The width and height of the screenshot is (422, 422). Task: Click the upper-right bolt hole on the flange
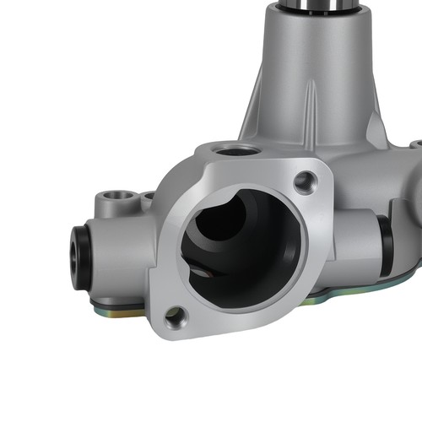point(305,180)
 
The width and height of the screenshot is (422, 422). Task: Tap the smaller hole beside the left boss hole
point(146,197)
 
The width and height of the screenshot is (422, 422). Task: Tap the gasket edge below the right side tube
point(354,292)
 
